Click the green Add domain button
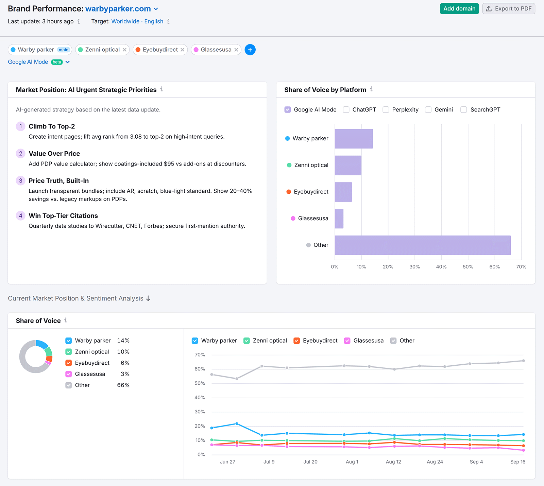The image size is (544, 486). pyautogui.click(x=459, y=9)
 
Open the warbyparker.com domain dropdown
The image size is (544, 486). pyautogui.click(x=156, y=9)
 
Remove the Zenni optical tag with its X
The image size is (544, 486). pyautogui.click(x=124, y=50)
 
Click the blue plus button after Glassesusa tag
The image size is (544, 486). pyautogui.click(x=250, y=50)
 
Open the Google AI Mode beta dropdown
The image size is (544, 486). pyautogui.click(x=67, y=62)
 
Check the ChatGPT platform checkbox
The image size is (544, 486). pyautogui.click(x=346, y=110)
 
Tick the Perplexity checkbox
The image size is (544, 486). pyautogui.click(x=386, y=110)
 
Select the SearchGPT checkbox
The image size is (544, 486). pyautogui.click(x=463, y=110)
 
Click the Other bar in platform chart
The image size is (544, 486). pyautogui.click(x=422, y=245)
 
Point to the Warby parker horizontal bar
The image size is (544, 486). pyautogui.click(x=354, y=139)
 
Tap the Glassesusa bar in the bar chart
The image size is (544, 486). pyautogui.click(x=339, y=219)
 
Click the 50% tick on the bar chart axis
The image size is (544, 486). pyautogui.click(x=468, y=267)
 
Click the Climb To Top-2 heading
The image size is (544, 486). pyautogui.click(x=52, y=126)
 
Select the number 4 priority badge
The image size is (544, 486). pyautogui.click(x=20, y=215)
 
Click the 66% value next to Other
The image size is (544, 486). pyautogui.click(x=123, y=385)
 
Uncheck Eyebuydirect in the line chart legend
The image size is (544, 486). pyautogui.click(x=297, y=341)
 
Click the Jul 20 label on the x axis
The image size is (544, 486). pyautogui.click(x=310, y=462)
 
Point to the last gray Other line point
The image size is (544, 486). pyautogui.click(x=523, y=361)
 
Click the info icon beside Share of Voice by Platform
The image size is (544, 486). pyautogui.click(x=371, y=89)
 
